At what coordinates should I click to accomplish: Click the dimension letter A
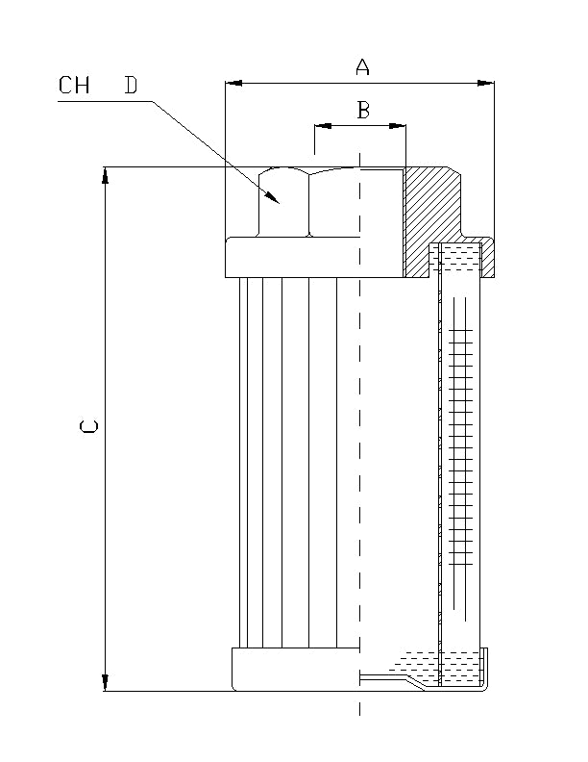click(362, 66)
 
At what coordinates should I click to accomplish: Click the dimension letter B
click(363, 111)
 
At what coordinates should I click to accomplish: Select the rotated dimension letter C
click(88, 427)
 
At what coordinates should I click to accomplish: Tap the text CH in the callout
click(74, 86)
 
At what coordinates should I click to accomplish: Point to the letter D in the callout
click(130, 86)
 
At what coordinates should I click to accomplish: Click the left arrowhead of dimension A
click(232, 84)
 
